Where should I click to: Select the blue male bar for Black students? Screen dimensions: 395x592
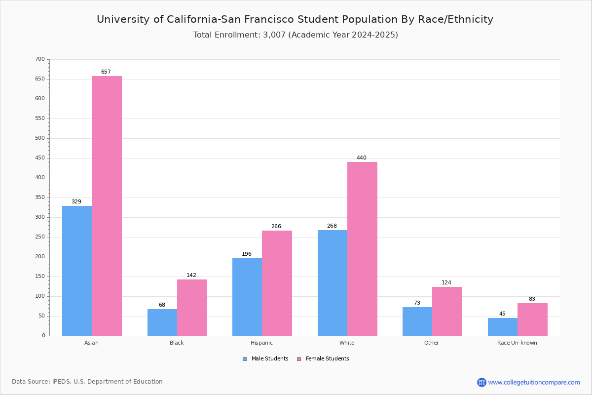tap(162, 322)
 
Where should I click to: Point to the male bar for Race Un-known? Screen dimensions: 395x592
tap(503, 327)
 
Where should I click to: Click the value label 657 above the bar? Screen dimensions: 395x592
tap(106, 72)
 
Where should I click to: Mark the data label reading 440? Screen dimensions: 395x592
tap(362, 158)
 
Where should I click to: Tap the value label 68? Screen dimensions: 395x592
tap(162, 305)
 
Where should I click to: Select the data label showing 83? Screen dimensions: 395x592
tap(532, 299)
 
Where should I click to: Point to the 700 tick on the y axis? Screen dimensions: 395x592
tap(40, 59)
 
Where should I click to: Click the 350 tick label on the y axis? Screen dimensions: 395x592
tap(40, 197)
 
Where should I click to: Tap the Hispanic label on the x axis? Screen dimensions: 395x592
tap(261, 343)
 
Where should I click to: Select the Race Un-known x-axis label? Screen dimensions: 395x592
tap(517, 343)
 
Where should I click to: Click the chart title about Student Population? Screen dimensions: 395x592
tap(295, 19)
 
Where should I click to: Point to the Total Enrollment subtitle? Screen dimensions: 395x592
tap(296, 35)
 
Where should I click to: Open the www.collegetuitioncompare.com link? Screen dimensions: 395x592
tap(534, 382)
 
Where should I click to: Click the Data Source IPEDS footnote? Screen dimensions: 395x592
tap(87, 382)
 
